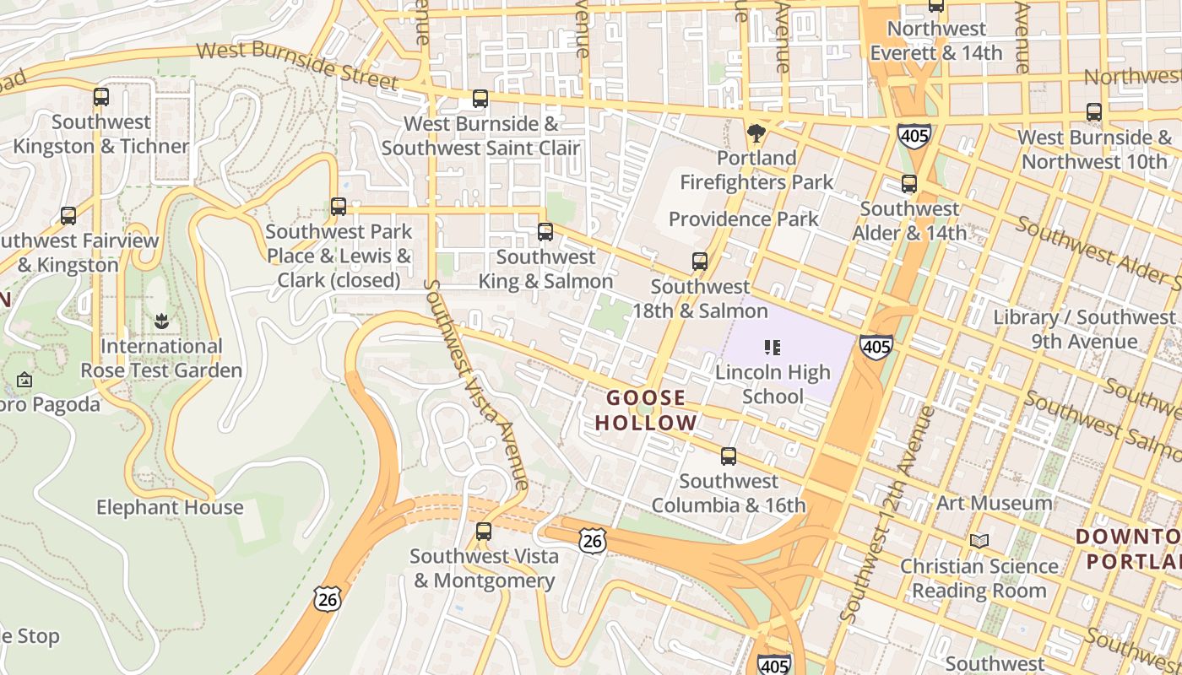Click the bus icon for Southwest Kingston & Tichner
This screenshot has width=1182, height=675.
point(101,97)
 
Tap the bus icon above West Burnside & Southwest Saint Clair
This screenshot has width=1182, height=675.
point(480,99)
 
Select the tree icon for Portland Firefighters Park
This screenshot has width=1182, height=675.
point(756,133)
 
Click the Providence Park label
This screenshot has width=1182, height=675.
point(743,219)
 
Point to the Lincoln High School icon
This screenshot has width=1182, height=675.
point(772,347)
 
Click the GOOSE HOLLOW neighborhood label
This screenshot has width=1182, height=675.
point(647,410)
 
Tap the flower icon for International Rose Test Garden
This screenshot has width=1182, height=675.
point(161,321)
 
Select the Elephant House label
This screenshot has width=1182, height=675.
point(170,508)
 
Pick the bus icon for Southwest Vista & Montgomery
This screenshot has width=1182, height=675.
point(484,532)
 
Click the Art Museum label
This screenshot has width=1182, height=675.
point(995,504)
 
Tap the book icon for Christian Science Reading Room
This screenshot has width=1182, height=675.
point(979,541)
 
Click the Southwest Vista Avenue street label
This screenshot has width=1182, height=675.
point(478,385)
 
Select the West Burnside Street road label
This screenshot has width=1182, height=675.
point(297,64)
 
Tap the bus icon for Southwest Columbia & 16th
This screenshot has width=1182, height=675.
point(729,456)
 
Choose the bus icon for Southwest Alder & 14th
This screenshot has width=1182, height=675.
point(909,184)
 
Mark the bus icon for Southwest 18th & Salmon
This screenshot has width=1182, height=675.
point(700,262)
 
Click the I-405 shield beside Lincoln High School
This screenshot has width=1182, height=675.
point(876,346)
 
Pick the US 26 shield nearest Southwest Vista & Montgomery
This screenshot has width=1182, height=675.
point(593,542)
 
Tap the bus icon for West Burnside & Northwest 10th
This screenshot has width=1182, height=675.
point(1094,112)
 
